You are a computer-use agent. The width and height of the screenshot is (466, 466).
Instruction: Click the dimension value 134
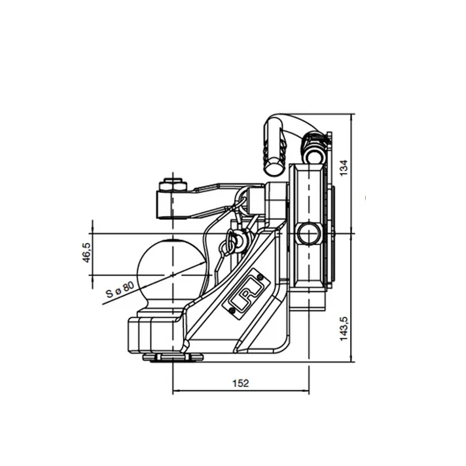343,168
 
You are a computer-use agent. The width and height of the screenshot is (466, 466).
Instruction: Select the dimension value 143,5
343,329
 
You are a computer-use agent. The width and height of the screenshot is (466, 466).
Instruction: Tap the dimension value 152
240,383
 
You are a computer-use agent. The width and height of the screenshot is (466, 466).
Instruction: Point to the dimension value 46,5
86,253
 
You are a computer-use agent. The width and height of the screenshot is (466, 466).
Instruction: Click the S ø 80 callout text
120,290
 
